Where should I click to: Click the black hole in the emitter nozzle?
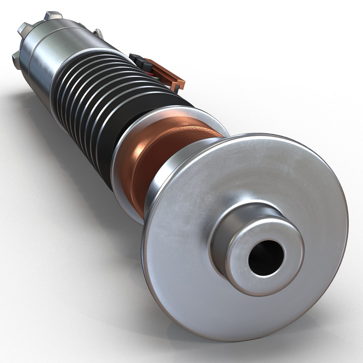point(266,257)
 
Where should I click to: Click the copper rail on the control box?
point(168,74)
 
